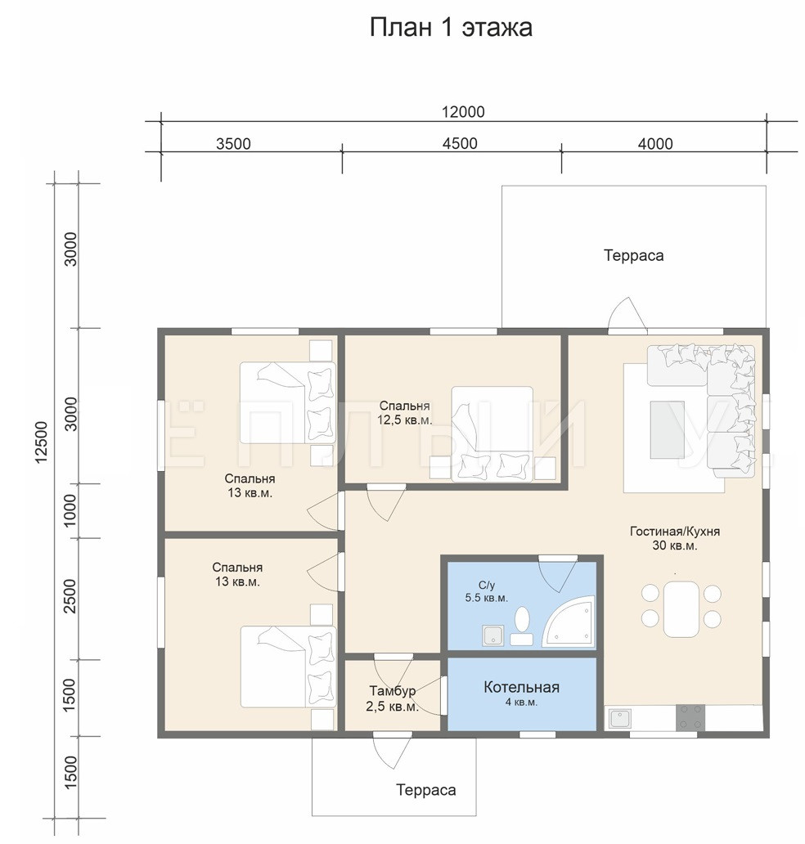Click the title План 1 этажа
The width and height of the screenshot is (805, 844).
tap(451, 28)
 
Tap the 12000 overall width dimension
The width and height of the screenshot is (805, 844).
tap(463, 112)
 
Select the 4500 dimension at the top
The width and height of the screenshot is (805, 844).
tap(460, 144)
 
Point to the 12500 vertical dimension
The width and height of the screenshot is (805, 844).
tap(42, 442)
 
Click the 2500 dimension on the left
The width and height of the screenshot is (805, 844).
tap(70, 596)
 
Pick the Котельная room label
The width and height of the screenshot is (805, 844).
tap(521, 687)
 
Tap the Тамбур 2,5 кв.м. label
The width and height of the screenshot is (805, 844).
tap(392, 698)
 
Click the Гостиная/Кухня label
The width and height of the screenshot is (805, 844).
tap(675, 532)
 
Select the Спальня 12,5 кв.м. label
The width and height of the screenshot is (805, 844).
tap(404, 413)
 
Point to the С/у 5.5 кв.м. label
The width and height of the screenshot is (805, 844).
tap(486, 591)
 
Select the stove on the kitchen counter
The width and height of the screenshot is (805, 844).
tap(690, 717)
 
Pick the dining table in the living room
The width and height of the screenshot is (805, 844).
tap(681, 609)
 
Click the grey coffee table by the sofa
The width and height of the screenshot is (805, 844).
tap(668, 429)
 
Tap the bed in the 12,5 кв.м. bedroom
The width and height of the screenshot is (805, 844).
tap(492, 433)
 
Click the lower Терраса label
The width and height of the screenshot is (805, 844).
tap(426, 790)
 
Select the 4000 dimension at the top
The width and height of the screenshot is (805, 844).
tap(655, 144)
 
